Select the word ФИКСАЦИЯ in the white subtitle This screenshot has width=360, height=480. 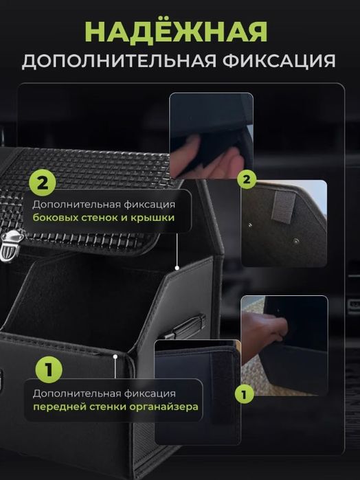pos(279,61)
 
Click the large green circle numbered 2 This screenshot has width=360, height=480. pos(43,183)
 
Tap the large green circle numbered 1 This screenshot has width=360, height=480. pos(49,369)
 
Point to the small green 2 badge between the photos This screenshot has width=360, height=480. pos(247,179)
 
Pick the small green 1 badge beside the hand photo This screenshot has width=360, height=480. pos(245,394)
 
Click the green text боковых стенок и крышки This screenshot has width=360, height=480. pos(104,218)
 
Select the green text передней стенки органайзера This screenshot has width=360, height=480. pos(115,407)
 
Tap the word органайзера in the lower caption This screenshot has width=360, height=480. pos(164,407)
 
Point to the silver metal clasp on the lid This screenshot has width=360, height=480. pos(12,246)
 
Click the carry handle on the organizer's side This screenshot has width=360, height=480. pos(184,328)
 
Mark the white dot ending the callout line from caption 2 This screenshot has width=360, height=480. pos(177,268)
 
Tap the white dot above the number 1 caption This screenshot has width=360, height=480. pos(115,356)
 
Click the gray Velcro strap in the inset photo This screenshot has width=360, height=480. pos(283,206)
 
